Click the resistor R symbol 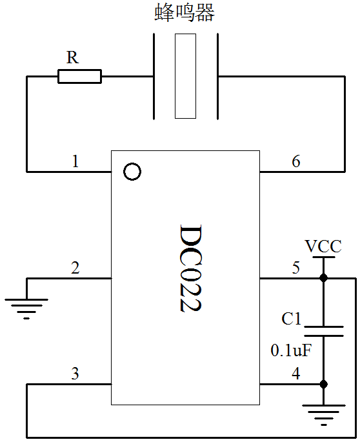point(79,76)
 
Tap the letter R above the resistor point(72,57)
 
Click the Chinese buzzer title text point(185,12)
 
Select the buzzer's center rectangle point(185,76)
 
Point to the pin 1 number point(75,161)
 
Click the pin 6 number point(296,161)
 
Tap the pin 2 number point(75,268)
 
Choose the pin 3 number point(75,374)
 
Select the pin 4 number point(296,374)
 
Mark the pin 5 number point(296,268)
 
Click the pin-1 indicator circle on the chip point(132,172)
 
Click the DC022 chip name point(190,268)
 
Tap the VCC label point(323,246)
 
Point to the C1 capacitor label point(292,319)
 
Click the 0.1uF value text point(291,350)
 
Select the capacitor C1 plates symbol point(324,331)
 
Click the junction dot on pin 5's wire point(324,278)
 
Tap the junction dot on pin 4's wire point(324,384)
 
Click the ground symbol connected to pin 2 point(26,308)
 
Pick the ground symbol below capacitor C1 point(324,415)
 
